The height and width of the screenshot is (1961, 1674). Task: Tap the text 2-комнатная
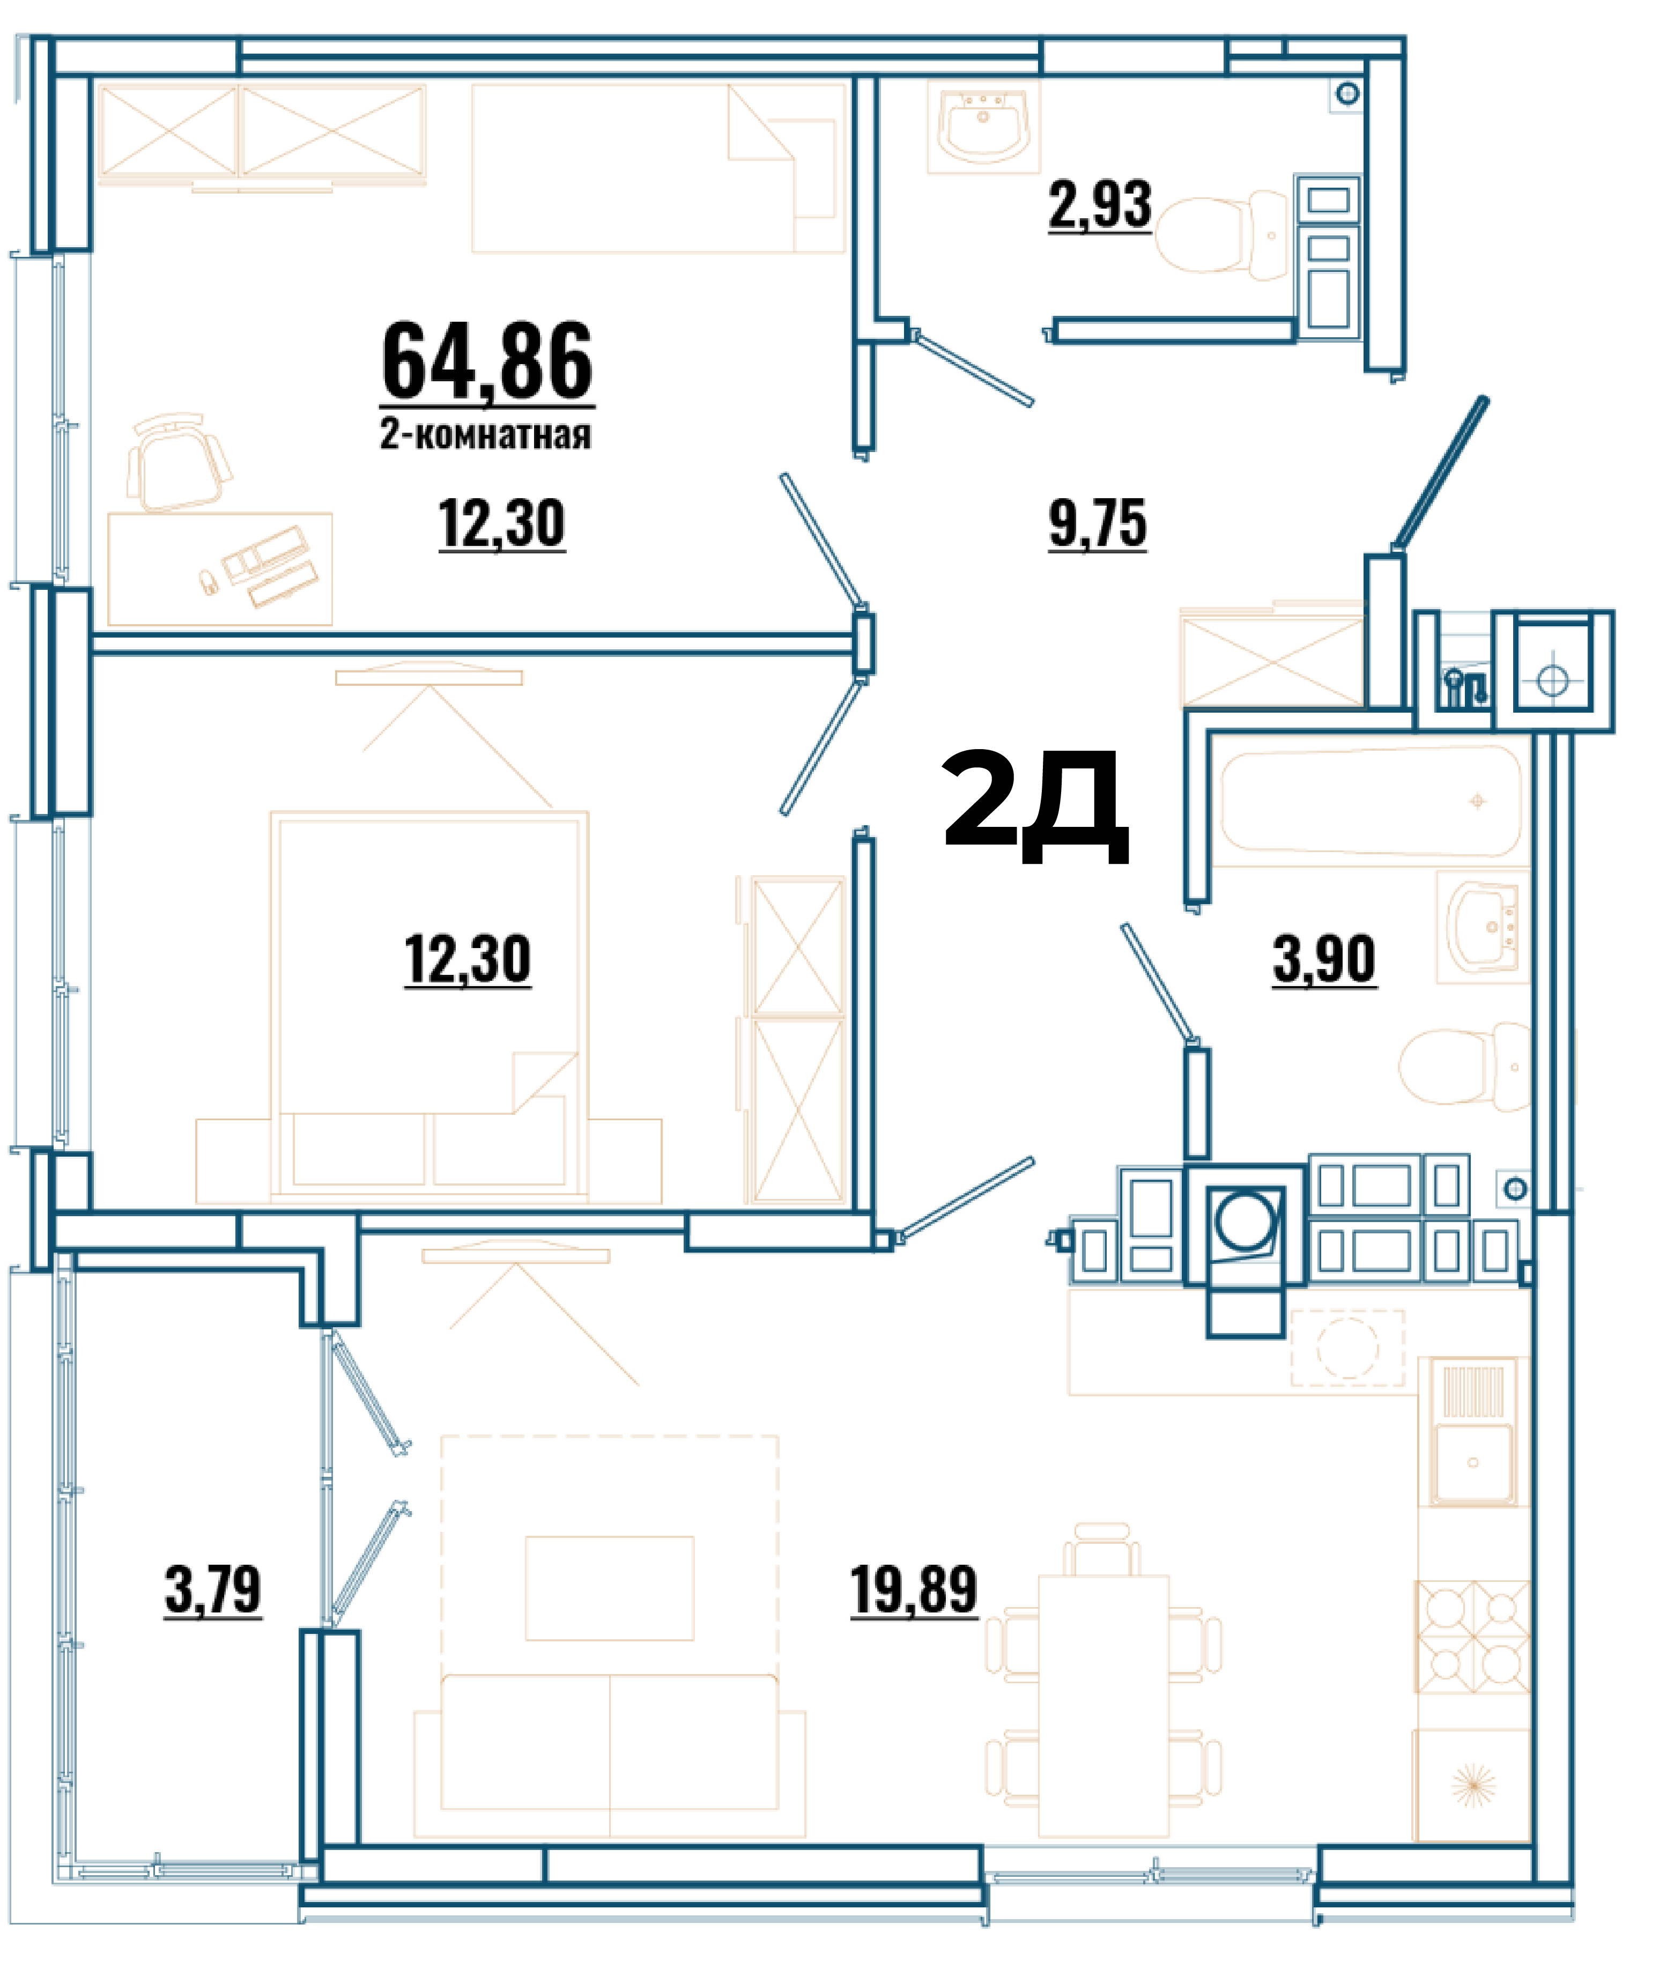485,434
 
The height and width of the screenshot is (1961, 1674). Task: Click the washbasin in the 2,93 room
983,126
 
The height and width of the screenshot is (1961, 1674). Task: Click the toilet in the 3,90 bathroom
1465,1067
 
